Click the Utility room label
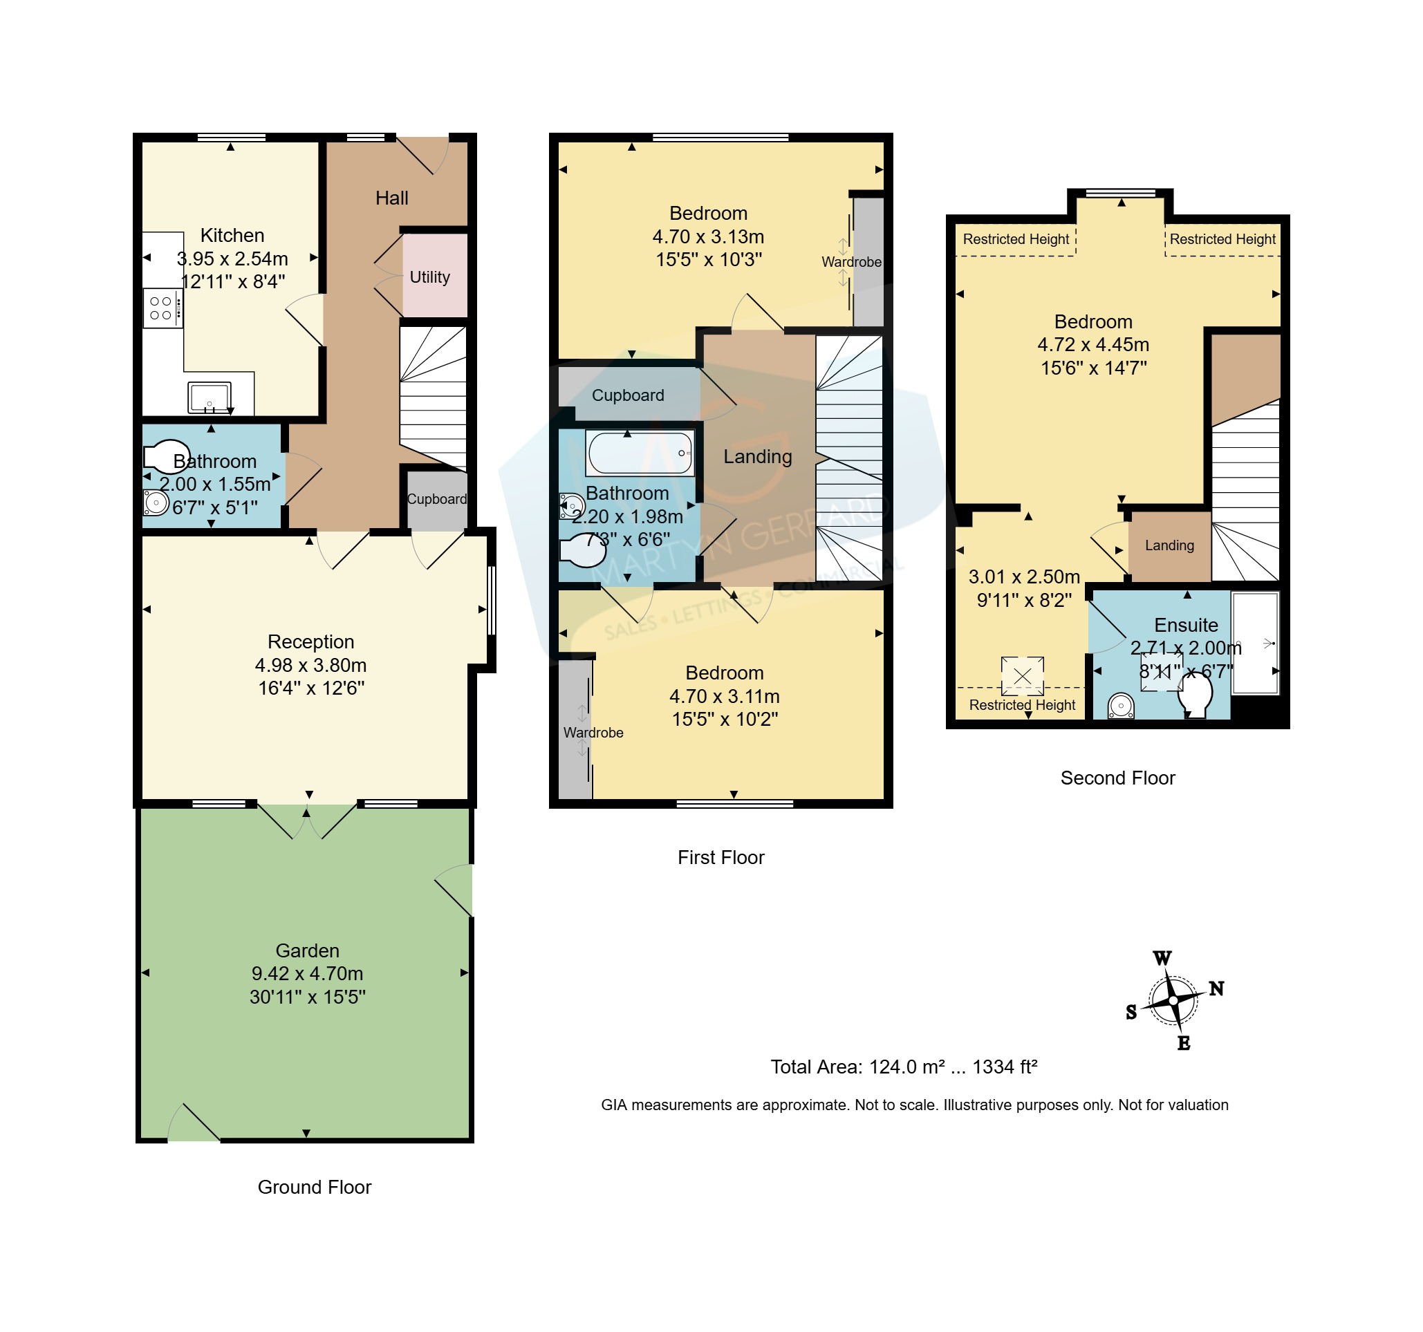click(x=429, y=277)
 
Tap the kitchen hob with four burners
click(x=163, y=308)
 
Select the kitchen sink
click(x=209, y=397)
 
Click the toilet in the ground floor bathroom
click(x=166, y=456)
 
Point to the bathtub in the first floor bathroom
click(x=640, y=452)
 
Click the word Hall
click(x=391, y=198)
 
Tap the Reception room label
click(x=310, y=641)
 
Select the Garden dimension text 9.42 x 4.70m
click(x=307, y=973)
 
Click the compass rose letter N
click(x=1216, y=988)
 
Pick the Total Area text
click(x=904, y=1067)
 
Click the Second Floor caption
click(x=1117, y=778)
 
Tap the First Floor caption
click(x=720, y=857)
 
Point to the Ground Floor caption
click(x=314, y=1188)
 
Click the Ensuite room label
click(x=1186, y=625)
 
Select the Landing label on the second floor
click(x=1170, y=545)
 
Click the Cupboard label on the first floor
click(x=628, y=395)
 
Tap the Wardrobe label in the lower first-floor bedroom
click(x=593, y=732)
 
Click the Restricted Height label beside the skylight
click(x=1022, y=705)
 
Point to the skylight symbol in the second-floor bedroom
click(x=1022, y=675)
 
